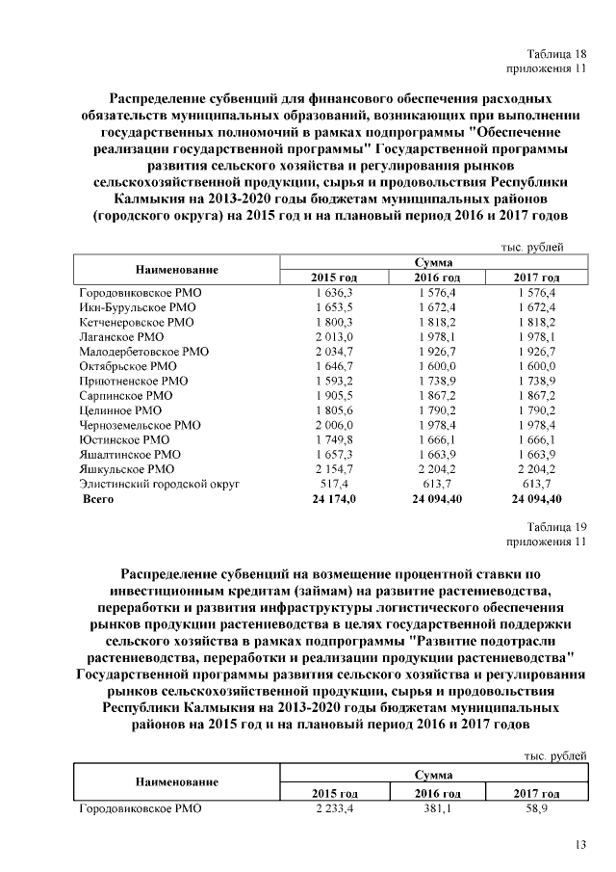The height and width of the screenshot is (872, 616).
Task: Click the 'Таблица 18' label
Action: pos(555,53)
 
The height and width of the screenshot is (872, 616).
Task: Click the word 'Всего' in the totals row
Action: pos(97,498)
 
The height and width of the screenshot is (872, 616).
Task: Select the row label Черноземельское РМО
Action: pos(140,424)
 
